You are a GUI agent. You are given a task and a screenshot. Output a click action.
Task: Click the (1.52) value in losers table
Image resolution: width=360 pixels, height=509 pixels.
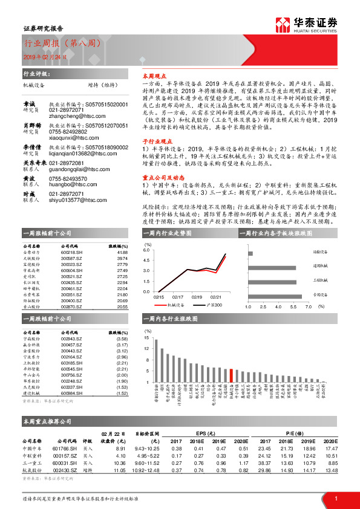click(122, 393)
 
